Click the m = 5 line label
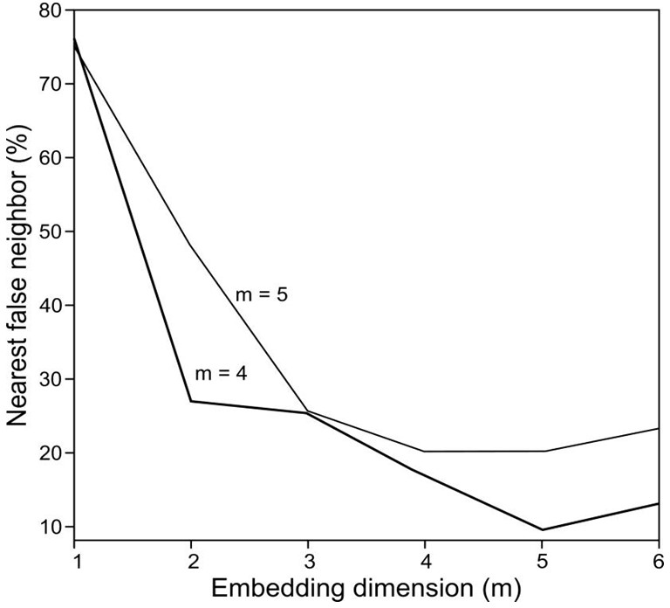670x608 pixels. [x=262, y=294]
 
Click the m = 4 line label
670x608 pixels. [x=220, y=373]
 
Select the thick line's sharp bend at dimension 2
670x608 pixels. [x=191, y=401]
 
